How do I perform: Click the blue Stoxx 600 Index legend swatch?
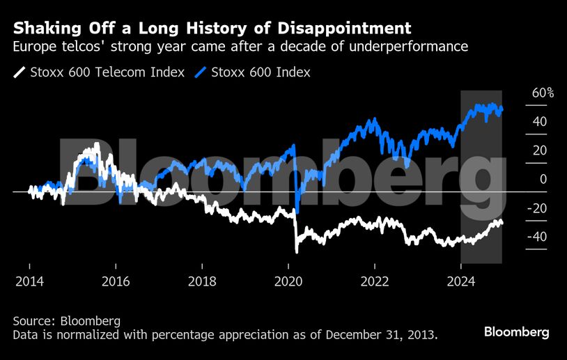(x=202, y=72)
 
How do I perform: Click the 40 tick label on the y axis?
(x=539, y=122)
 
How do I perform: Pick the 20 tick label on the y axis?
(x=539, y=150)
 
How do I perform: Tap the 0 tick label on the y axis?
(x=543, y=180)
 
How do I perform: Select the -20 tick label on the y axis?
(x=537, y=208)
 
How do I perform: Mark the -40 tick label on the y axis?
(x=537, y=237)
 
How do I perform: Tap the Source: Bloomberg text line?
(x=67, y=321)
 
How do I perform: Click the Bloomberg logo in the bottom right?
(x=516, y=331)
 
